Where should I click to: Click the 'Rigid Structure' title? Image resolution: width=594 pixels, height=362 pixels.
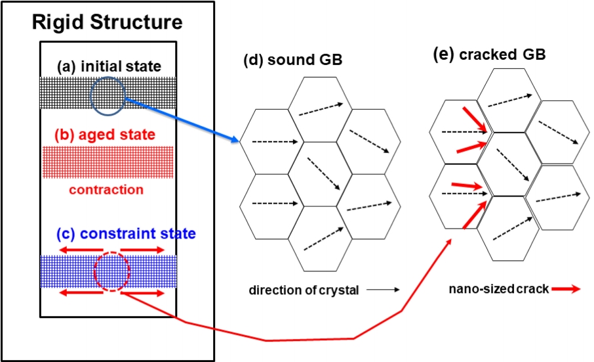(108, 23)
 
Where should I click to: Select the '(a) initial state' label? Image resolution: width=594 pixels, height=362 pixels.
(108, 66)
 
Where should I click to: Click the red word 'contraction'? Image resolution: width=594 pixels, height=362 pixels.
(106, 190)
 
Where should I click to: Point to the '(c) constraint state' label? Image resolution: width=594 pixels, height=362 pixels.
(108, 233)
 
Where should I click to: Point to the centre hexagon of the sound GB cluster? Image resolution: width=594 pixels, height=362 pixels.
(321, 174)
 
